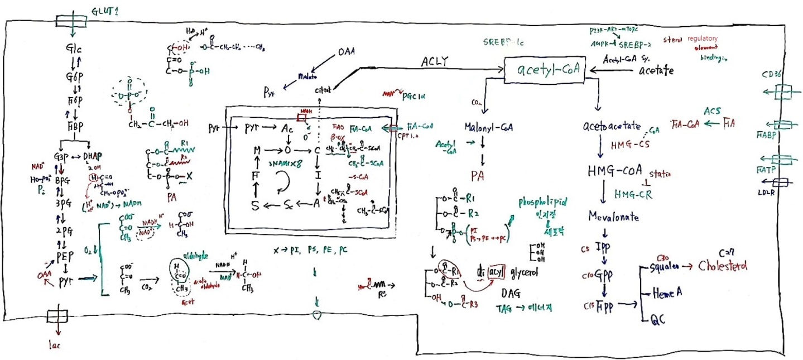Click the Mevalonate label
(612, 217)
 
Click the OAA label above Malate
(347, 54)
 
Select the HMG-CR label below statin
(633, 194)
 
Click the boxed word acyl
(496, 272)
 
